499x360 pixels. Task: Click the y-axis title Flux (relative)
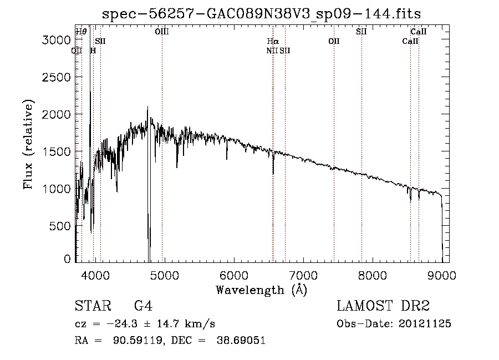pos(28,144)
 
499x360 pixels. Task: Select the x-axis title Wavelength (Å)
pos(262,290)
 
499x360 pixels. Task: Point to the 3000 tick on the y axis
pos(58,40)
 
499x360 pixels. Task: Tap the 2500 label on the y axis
pos(58,77)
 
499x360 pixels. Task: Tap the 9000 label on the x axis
pos(442,275)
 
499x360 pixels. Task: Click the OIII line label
pos(162,32)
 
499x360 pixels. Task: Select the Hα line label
pos(273,41)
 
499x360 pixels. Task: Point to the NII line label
pos(271,50)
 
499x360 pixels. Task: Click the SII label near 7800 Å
pos(361,32)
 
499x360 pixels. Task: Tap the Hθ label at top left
pos(81,32)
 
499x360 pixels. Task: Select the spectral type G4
pos(143,306)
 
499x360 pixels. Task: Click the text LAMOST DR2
pos(383,306)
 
